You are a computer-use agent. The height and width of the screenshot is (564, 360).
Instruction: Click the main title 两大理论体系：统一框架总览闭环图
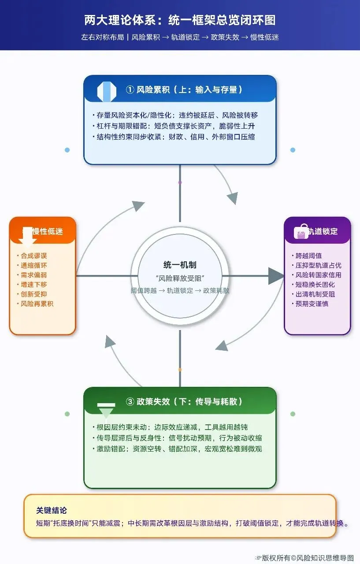point(180,21)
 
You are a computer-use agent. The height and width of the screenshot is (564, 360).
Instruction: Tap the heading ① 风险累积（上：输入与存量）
point(184,90)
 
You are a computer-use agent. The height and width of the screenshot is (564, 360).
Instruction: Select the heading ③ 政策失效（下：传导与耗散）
point(184,401)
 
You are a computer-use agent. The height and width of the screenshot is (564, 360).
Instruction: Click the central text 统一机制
point(180,265)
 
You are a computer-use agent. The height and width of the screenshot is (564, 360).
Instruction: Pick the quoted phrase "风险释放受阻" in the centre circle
point(180,278)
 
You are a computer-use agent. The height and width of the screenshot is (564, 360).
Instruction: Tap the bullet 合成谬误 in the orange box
point(34,256)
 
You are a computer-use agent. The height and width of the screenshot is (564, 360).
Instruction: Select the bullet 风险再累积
point(37,304)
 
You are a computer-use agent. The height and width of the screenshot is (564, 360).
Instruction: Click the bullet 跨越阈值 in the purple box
point(309,256)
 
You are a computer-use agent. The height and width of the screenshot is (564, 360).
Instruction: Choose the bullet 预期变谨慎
point(312,304)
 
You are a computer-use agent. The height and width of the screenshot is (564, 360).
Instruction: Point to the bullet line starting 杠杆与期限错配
point(175,126)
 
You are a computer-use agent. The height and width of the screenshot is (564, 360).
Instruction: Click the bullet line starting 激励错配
point(180,449)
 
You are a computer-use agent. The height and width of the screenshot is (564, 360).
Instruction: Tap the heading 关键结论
point(52,510)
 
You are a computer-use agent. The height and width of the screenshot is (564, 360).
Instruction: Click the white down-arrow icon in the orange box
point(28,237)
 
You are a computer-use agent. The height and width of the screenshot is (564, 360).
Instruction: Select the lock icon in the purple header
point(301,231)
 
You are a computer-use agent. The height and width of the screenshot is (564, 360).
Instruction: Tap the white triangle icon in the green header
point(106,411)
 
